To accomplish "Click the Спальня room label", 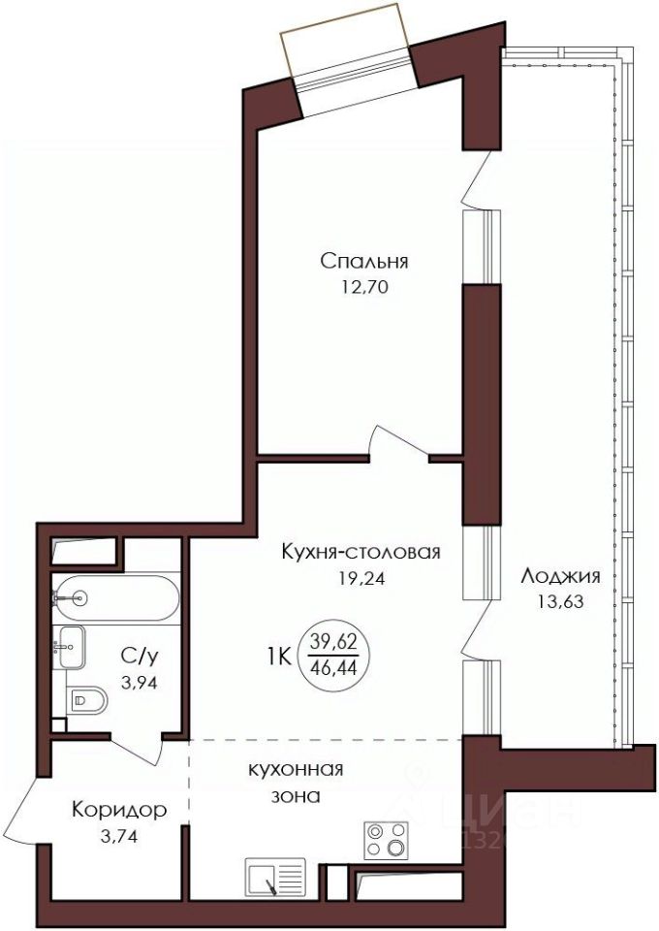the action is (364, 261).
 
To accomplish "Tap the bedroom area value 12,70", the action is (364, 288).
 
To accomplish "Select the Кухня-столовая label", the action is (361, 552).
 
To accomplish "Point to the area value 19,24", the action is (361, 578).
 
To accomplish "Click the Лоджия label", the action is (560, 576).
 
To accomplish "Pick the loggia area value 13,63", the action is (560, 602).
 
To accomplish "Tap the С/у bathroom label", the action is (140, 657).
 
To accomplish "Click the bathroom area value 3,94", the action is (140, 683).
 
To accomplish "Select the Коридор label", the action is (119, 810).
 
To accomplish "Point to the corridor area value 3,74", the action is (119, 837).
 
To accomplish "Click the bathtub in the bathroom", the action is (115, 598).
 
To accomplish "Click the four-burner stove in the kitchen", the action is (386, 840).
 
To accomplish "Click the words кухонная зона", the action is (296, 783).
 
